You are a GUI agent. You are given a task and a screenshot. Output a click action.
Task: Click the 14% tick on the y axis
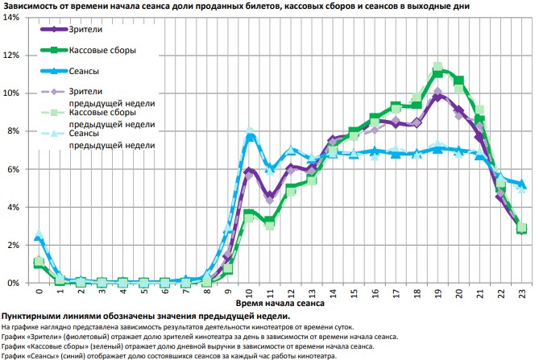point(12,17)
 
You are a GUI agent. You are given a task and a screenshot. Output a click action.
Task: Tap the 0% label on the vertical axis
point(15,283)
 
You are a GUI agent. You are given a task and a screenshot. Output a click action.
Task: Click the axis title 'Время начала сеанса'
point(280,304)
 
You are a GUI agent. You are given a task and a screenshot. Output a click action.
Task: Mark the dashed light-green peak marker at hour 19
point(437,68)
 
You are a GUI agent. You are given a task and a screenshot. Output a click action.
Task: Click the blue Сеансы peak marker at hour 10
point(250,137)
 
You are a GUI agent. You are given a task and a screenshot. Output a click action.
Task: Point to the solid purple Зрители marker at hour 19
point(437,97)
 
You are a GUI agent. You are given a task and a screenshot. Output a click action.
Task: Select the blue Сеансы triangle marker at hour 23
point(521,184)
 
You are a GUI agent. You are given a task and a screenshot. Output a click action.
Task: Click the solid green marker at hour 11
point(270,220)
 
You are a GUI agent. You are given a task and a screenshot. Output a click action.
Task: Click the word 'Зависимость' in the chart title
point(31,6)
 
